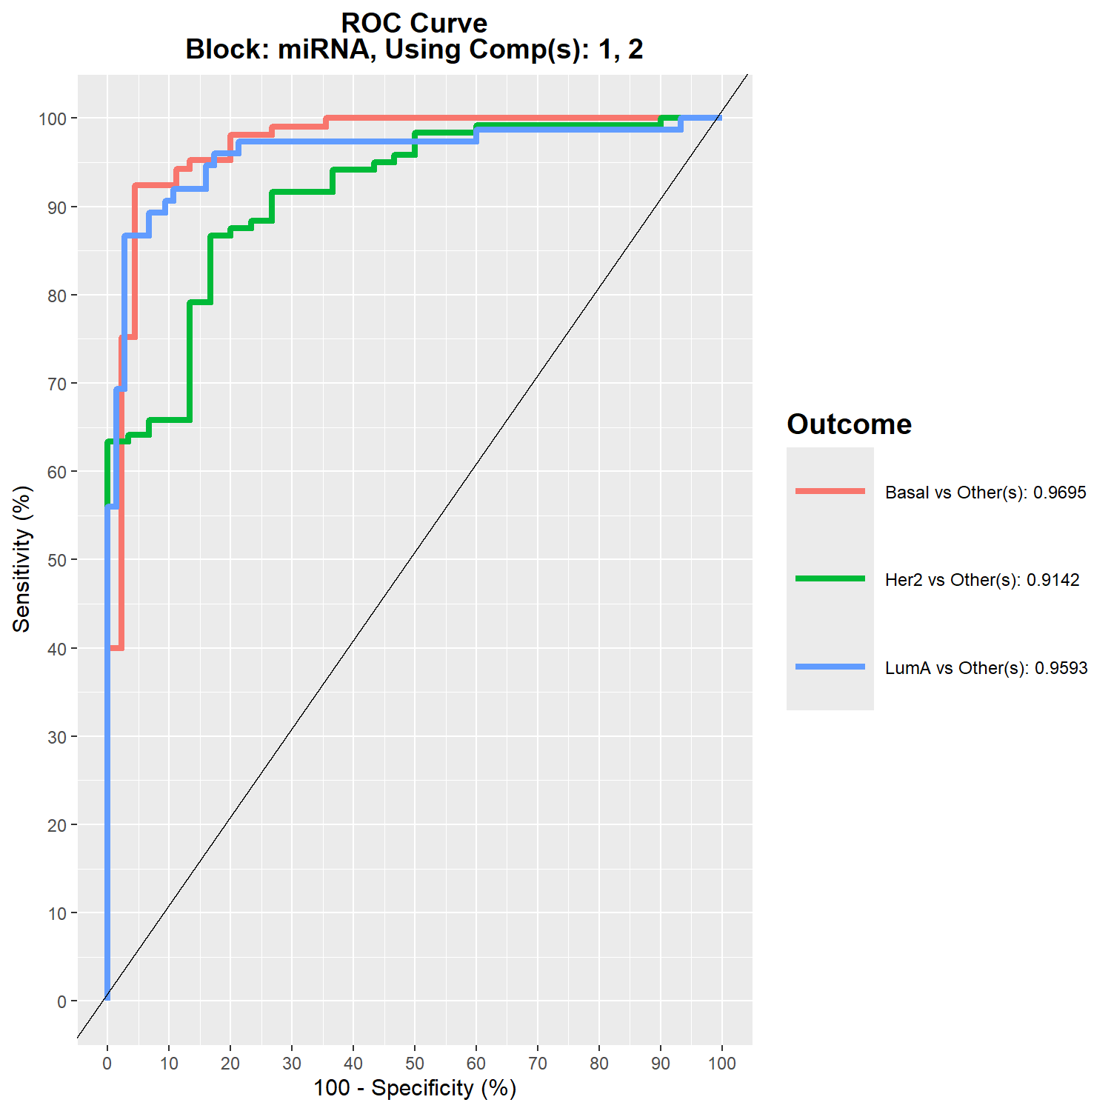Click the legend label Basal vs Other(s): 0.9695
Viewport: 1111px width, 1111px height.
985,493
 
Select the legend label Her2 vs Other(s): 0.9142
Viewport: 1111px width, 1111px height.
982,580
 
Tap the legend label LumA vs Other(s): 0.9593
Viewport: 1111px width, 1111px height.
986,668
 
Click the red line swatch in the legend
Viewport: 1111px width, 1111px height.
830,491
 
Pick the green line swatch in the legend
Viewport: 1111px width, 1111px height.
830,578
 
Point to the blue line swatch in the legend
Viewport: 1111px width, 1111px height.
830,667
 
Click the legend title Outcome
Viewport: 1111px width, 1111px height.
849,424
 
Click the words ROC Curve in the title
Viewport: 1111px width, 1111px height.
414,23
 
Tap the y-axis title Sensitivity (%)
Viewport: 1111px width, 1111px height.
22,559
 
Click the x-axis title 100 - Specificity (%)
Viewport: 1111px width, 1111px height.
414,1088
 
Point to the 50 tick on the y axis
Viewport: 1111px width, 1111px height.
57,560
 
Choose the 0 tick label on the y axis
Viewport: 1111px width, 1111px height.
61,1001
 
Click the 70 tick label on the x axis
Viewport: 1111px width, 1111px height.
538,1064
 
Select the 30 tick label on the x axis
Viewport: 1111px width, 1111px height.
292,1064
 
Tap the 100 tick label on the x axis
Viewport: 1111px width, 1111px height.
722,1064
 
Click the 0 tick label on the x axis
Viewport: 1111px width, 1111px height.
107,1064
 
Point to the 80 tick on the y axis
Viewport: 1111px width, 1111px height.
57,296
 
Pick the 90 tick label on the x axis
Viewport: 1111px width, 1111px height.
661,1064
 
